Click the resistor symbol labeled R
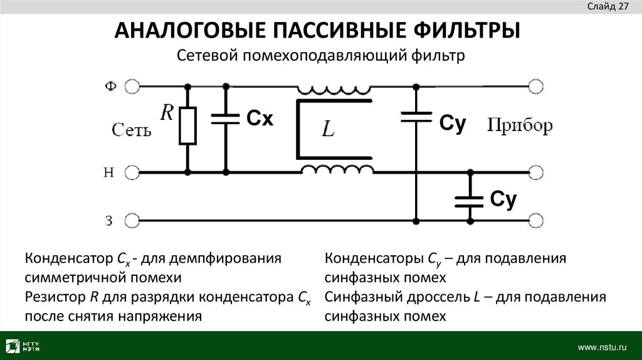[187, 125]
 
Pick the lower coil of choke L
[337, 168]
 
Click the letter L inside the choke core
[329, 130]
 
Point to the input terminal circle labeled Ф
[132, 86]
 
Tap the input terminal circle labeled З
[132, 220]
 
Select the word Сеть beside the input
[131, 130]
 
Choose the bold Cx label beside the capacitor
[259, 119]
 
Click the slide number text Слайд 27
[608, 7]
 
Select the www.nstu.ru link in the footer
[602, 346]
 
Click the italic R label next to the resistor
[167, 112]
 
